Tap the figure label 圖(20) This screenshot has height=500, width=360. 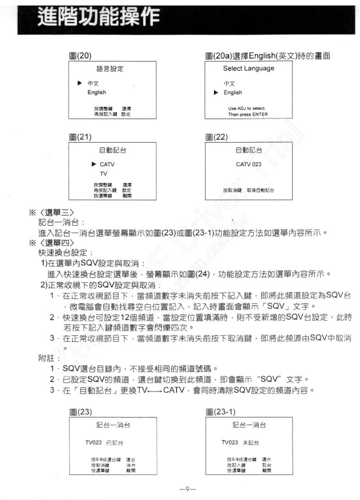(80, 56)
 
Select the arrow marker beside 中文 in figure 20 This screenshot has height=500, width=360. (79, 84)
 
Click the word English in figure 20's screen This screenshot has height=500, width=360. (97, 92)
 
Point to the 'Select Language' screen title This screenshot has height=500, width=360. (249, 69)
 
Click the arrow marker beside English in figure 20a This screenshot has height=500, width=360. (216, 93)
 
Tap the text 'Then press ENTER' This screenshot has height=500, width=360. (248, 114)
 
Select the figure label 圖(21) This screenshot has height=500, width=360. (80, 137)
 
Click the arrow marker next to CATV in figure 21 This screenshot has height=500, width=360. (94, 164)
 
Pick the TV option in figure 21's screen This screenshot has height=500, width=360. (104, 174)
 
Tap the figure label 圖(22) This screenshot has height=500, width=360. (216, 137)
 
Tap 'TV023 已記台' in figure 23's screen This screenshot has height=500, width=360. (104, 442)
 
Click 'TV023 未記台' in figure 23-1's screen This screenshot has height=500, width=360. (240, 442)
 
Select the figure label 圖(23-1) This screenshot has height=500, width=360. (220, 412)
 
